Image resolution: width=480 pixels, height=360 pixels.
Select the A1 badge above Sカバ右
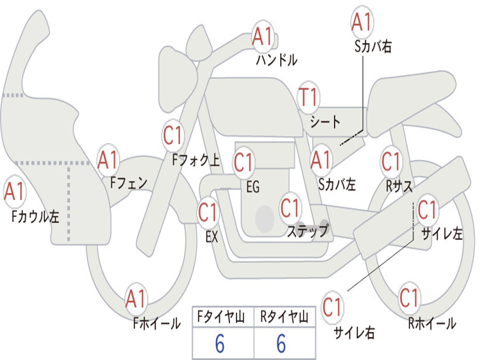point(362,22)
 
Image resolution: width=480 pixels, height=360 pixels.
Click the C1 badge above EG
point(244,162)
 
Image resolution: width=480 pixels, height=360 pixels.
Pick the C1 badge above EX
point(208,212)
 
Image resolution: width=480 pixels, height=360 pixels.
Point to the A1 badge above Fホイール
point(135,299)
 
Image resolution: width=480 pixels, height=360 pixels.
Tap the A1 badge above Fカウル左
point(14,191)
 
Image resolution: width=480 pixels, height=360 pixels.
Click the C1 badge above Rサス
point(391,161)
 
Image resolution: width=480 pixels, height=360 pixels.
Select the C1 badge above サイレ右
point(332,307)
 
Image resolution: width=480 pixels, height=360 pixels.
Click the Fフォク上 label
point(196,160)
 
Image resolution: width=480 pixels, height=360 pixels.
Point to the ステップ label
point(308,231)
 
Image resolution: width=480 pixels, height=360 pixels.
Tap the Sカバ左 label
point(337,184)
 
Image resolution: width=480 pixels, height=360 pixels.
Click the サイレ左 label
point(442,233)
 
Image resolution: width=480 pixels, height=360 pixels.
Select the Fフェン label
point(128,183)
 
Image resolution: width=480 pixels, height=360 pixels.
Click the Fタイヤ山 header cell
point(223,317)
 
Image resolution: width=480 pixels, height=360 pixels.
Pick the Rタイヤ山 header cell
point(285,317)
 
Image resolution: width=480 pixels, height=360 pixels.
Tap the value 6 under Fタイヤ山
point(220,343)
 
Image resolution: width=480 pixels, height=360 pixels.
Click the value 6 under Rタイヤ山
point(281,343)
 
